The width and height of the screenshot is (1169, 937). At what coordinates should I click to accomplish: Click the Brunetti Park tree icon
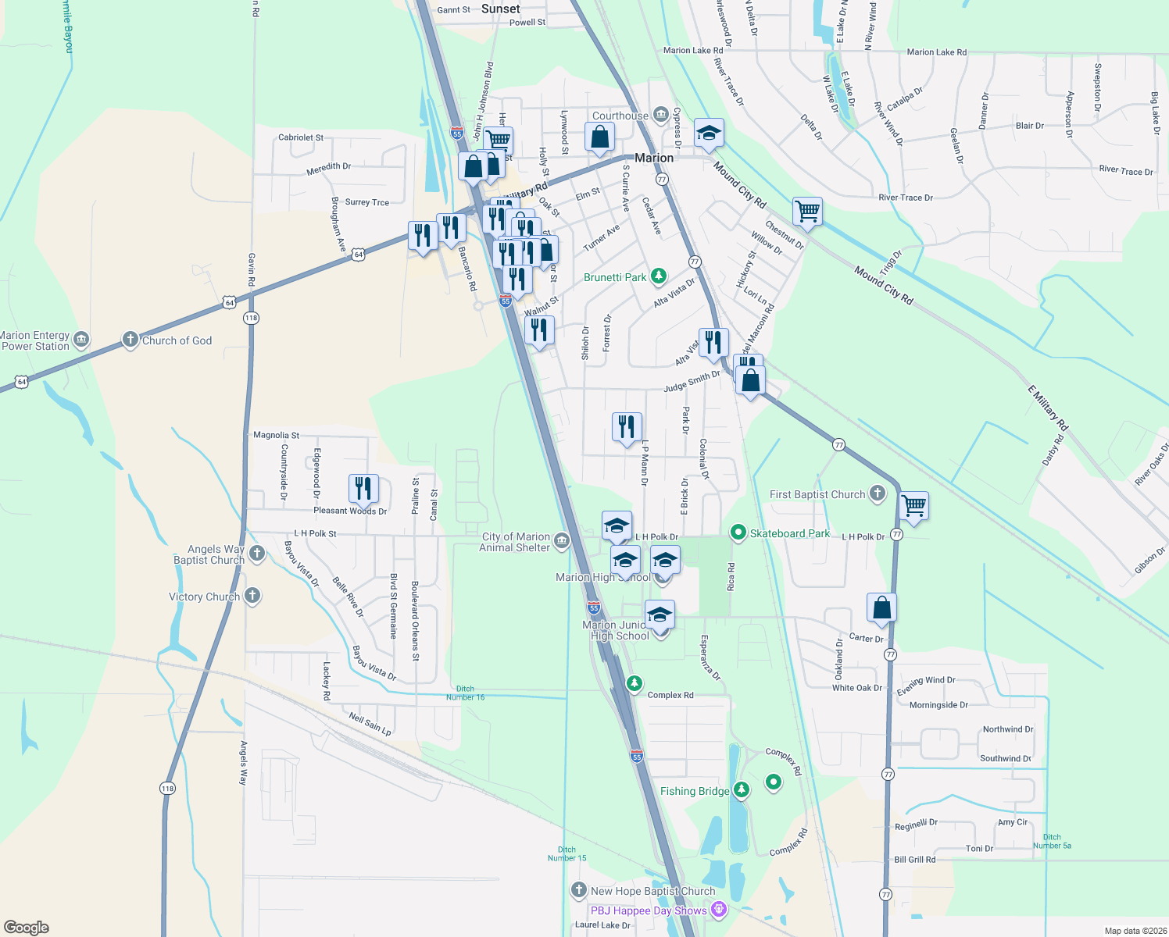(659, 276)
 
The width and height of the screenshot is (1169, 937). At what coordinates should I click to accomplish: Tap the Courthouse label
(620, 116)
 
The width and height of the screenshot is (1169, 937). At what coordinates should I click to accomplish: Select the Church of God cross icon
(130, 340)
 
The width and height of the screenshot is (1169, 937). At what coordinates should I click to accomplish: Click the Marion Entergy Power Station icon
(81, 340)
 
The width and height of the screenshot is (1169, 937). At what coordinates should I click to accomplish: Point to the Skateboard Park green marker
(737, 533)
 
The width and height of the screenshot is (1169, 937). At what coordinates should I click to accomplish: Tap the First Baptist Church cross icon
(878, 493)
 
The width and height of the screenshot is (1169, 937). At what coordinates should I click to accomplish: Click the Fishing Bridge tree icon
(741, 790)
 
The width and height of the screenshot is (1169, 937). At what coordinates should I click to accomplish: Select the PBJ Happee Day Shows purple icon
(719, 910)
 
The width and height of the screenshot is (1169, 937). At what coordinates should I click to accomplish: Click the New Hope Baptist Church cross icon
(579, 890)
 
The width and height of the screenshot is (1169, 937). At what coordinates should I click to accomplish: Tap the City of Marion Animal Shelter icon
(561, 541)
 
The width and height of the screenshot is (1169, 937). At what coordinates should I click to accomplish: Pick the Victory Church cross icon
(252, 596)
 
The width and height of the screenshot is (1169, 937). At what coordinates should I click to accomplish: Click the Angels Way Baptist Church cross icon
(256, 554)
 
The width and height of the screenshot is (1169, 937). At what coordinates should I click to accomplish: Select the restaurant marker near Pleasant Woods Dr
(363, 488)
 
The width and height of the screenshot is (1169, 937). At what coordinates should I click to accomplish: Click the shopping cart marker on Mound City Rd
(807, 210)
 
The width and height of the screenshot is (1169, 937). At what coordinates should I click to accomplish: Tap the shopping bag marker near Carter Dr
(881, 607)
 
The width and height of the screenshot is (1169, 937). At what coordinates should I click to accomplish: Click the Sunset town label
(500, 9)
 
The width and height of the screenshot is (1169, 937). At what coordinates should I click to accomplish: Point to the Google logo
(26, 927)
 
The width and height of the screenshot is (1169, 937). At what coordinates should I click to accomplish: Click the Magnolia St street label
(276, 435)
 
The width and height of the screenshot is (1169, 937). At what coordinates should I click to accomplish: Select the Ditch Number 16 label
(465, 693)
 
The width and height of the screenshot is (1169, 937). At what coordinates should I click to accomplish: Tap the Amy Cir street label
(1013, 822)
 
